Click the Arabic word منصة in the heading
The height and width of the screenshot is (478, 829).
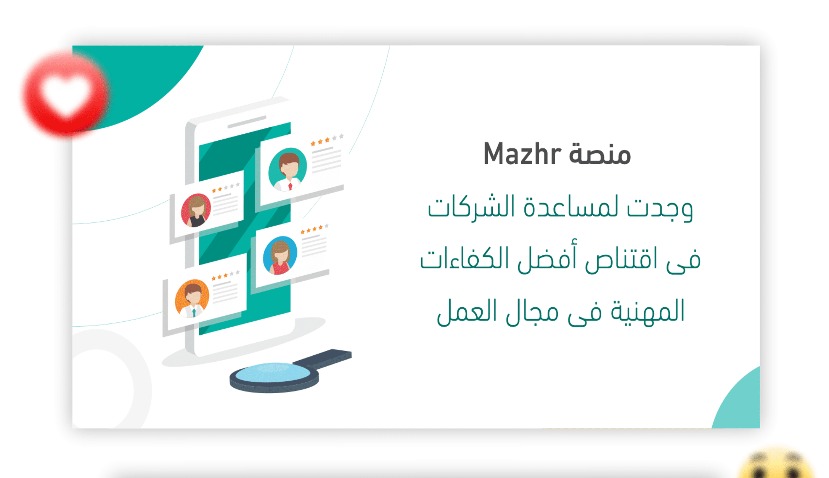600,154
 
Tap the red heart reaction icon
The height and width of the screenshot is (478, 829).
65,94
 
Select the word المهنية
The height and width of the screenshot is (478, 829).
648,311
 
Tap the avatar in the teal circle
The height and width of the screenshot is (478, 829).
288,169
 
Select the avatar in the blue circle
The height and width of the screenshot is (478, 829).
280,255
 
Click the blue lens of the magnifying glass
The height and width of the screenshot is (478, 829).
273,372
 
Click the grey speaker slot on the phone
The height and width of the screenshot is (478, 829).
247,122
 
